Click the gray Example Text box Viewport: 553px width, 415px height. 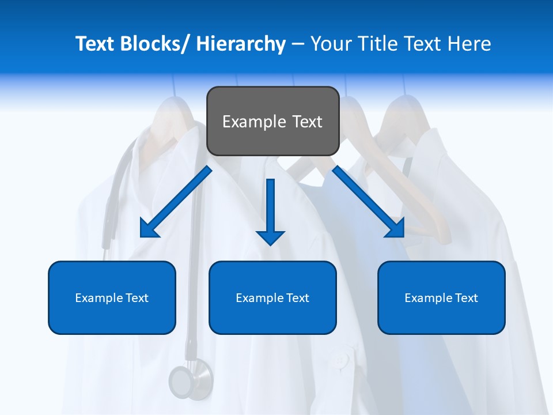coord(272,121)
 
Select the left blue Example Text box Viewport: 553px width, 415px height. coord(112,297)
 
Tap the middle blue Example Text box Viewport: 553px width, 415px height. coord(272,297)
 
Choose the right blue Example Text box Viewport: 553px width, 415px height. coord(441,297)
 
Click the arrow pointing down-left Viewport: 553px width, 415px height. coord(176,202)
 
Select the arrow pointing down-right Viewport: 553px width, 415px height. coord(369,202)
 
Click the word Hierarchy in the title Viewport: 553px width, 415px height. coord(241,44)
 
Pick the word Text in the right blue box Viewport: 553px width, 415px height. coord(466,297)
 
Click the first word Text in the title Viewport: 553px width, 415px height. coord(96,44)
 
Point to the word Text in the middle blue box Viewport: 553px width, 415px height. coord(297,297)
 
